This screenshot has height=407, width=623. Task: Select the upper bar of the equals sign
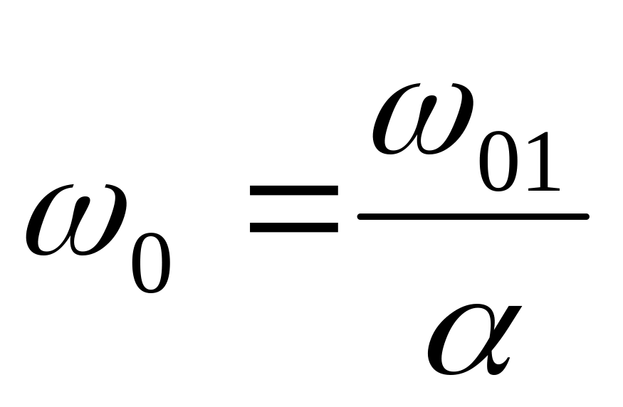click(293, 191)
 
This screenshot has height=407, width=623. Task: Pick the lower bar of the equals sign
click(293, 228)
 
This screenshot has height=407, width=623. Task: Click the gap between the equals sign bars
click(293, 210)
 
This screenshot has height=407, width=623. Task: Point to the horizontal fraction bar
click(473, 216)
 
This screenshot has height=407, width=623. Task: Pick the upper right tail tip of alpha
click(518, 307)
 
